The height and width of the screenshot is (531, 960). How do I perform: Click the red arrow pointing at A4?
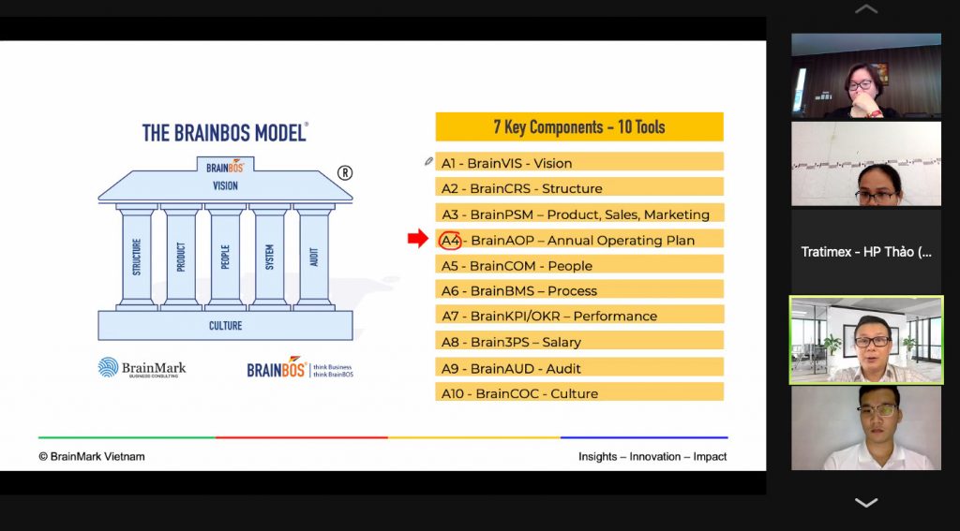pos(418,239)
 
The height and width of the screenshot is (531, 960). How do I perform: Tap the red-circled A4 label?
pos(451,241)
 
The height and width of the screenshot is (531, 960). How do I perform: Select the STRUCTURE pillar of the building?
pos(136,257)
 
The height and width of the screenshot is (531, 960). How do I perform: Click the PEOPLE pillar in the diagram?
pos(225,257)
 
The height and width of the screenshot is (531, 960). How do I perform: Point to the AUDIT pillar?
pos(314,257)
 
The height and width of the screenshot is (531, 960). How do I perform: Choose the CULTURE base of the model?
pos(225,326)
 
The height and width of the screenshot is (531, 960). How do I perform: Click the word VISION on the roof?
pos(225,185)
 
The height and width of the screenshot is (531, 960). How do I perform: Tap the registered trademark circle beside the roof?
pos(345,173)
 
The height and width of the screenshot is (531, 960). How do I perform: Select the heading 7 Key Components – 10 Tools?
pos(579,126)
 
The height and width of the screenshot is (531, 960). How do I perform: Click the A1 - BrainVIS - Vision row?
pos(579,162)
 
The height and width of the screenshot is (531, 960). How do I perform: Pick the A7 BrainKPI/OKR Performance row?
pos(579,315)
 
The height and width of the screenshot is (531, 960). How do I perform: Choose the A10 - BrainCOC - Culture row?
pos(579,392)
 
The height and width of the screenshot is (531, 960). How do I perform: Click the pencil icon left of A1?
pos(428,161)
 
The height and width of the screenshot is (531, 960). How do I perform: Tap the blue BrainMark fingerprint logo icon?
pos(109,367)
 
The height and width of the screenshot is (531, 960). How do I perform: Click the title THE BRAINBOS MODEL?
pos(225,133)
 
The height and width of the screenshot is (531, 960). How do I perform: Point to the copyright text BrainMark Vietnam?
pos(92,456)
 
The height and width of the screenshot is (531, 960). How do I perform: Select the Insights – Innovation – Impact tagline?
pos(652,456)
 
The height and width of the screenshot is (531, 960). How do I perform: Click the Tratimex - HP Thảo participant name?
pos(866,251)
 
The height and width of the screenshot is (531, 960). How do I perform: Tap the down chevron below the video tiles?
pos(866,503)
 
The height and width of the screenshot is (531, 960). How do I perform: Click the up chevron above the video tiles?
pos(866,8)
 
